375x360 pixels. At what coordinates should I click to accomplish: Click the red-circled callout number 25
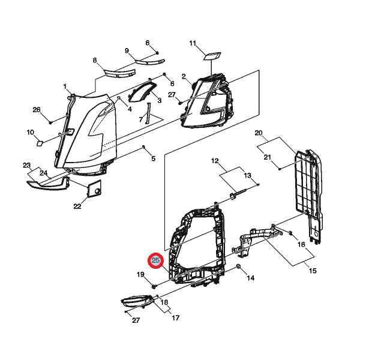pyautogui.click(x=155, y=260)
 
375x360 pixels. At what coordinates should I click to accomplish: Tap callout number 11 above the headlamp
pyautogui.click(x=193, y=43)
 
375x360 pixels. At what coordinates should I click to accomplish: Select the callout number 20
pyautogui.click(x=259, y=133)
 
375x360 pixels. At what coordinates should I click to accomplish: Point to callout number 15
pyautogui.click(x=313, y=271)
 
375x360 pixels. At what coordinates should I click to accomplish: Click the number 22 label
pyautogui.click(x=77, y=206)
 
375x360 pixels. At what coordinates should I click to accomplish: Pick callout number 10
pyautogui.click(x=31, y=132)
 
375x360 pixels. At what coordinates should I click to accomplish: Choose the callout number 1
pyautogui.click(x=65, y=86)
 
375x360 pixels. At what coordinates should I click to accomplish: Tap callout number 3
pyautogui.click(x=160, y=100)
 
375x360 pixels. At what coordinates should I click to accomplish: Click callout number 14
pyautogui.click(x=250, y=278)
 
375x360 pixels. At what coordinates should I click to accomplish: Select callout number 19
pyautogui.click(x=140, y=274)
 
